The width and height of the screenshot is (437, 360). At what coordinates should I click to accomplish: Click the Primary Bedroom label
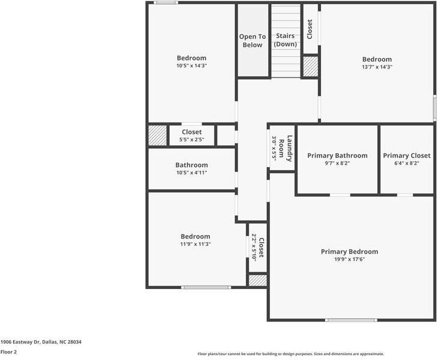coord(349,251)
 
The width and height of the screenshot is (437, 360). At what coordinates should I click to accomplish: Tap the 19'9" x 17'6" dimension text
coord(349,259)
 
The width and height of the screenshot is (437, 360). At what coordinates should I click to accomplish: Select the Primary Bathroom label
coord(337,156)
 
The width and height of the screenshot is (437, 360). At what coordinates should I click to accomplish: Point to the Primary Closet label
coord(406,156)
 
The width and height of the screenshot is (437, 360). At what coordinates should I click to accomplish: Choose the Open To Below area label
coord(252,41)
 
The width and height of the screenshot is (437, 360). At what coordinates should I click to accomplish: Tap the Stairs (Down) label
coord(285,40)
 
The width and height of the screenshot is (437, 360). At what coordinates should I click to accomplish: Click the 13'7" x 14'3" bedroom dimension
coord(376,67)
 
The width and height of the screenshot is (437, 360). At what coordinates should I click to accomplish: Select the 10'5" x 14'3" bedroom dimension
coord(191,66)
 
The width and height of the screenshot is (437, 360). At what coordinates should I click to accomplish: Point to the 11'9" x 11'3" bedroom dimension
coord(195,244)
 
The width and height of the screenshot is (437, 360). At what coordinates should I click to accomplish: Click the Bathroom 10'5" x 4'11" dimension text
coord(191,172)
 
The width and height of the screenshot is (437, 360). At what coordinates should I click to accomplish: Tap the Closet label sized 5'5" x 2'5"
coord(191,132)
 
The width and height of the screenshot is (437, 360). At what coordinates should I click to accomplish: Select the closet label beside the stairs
coord(310,29)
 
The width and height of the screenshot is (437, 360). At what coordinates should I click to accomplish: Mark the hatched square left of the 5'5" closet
coord(157,135)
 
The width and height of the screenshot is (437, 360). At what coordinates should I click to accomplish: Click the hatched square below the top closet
coord(310,66)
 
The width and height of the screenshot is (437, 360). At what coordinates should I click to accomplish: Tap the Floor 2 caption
coord(8,352)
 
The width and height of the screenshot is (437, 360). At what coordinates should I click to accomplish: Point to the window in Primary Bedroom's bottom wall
coord(351,320)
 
